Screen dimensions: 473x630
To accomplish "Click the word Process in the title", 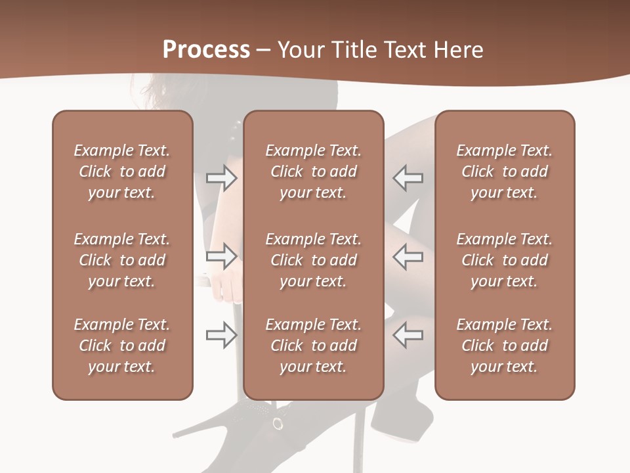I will tap(206, 50).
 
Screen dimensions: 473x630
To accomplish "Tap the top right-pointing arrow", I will tap(222, 177).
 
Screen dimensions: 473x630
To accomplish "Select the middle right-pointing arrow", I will tap(222, 256).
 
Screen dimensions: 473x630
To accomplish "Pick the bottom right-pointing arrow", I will tap(222, 335).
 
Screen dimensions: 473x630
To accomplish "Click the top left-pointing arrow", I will tap(408, 177).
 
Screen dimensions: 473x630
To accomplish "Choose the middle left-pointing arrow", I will tap(408, 256).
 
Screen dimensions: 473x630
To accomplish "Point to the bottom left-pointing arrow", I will tap(408, 335).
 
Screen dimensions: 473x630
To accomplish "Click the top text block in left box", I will tap(122, 171).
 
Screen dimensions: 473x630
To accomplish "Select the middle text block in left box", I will tap(122, 260).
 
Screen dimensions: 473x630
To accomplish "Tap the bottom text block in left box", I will tap(122, 346).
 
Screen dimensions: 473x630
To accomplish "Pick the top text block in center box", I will tap(314, 171).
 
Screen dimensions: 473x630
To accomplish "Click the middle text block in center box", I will tap(314, 260).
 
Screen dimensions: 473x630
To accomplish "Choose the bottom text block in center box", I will tap(314, 346).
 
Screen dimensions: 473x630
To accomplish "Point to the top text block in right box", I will tap(505, 171).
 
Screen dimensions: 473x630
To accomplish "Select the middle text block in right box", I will tap(505, 260).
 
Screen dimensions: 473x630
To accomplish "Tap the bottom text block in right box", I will tap(505, 346).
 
